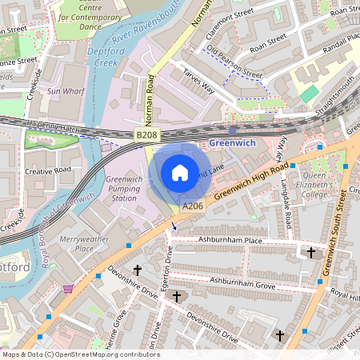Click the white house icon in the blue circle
(180, 172)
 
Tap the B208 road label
(146, 136)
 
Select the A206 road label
(192, 206)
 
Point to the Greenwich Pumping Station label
(124, 189)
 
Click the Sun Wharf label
(65, 91)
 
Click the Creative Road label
(47, 170)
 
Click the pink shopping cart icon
(68, 288)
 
